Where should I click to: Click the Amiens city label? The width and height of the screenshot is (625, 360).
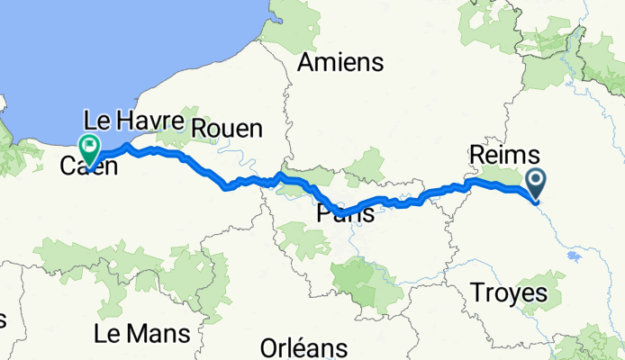point(340,63)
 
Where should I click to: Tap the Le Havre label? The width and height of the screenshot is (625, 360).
point(134,120)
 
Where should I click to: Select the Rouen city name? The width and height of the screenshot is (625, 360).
point(226,128)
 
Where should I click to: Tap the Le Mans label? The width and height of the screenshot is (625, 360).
point(141,334)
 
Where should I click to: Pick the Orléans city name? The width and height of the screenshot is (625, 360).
point(303,347)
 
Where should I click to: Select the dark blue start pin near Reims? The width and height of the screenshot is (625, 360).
point(536,184)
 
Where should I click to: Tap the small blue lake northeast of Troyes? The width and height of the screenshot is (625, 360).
point(573,256)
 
